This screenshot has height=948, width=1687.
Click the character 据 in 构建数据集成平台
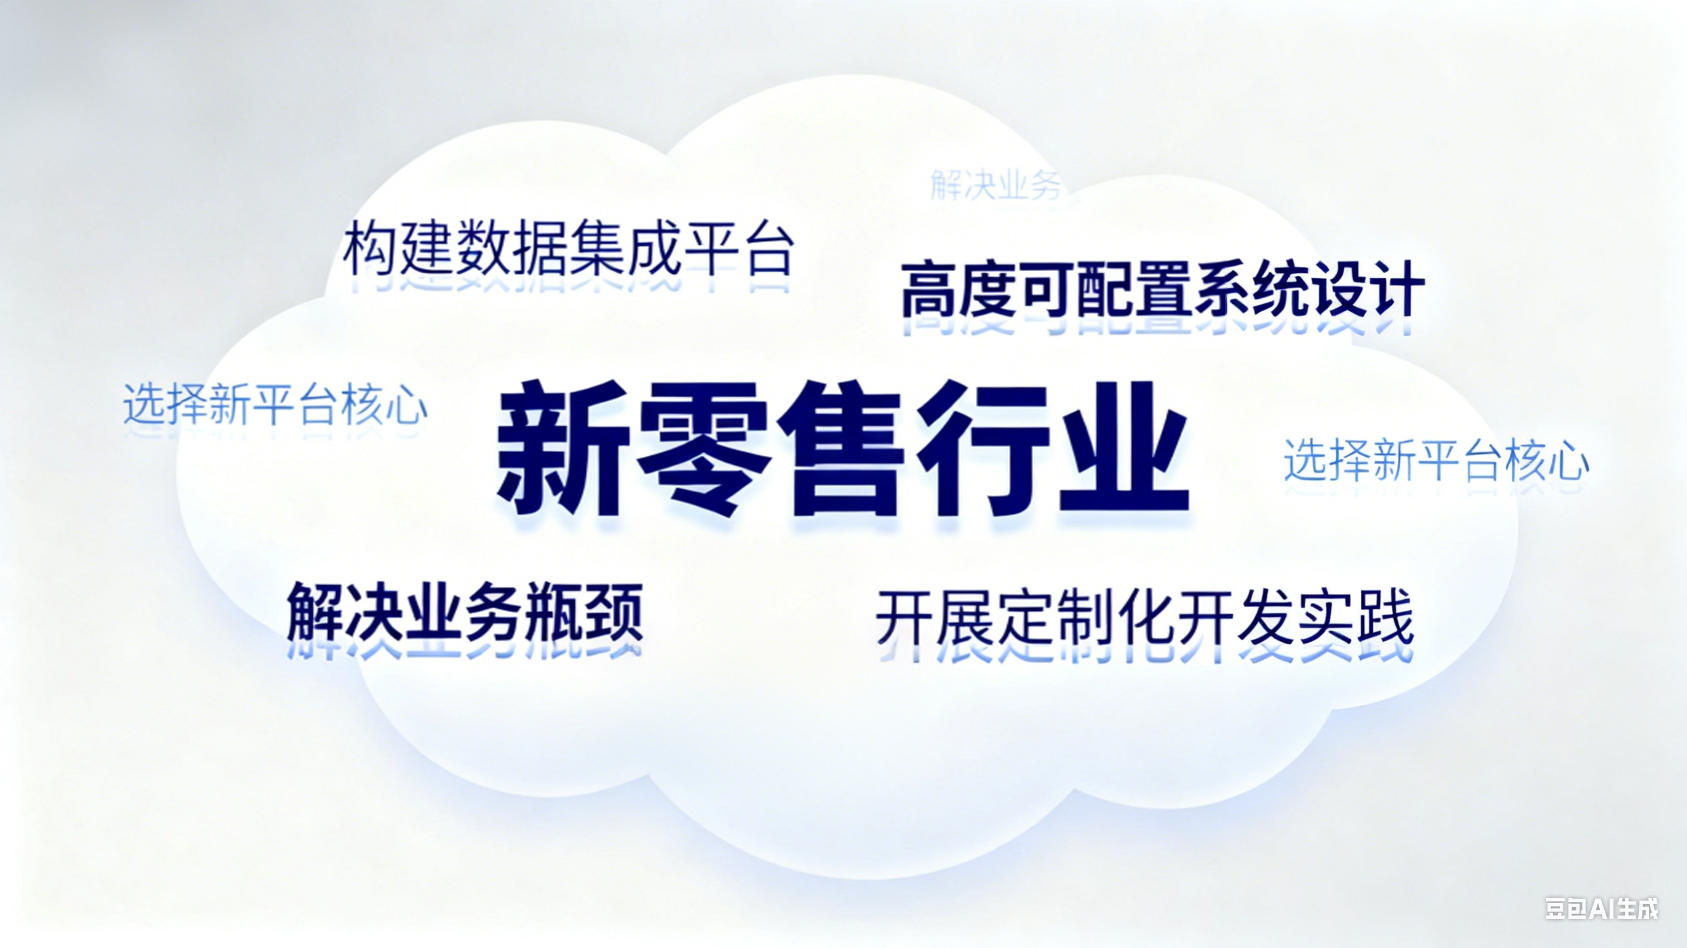click(x=541, y=249)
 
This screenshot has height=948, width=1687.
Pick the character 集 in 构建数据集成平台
click(x=598, y=249)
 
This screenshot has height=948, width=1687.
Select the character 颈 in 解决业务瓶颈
click(x=613, y=612)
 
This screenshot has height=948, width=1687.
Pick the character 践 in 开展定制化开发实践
click(x=1385, y=619)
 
